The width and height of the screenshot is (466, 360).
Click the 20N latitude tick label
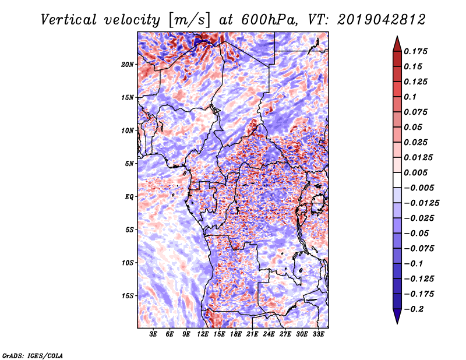128,64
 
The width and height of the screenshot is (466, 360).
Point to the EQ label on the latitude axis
129,197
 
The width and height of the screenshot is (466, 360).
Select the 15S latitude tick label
128,296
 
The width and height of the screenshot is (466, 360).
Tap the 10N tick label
128,130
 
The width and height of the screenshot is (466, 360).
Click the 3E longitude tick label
153,335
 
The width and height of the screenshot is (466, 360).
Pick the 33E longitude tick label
319,335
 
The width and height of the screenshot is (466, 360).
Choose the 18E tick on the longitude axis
236,335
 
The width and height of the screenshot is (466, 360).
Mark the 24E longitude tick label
269,335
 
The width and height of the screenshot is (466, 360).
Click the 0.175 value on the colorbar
417,51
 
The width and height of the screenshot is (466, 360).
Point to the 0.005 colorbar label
417,173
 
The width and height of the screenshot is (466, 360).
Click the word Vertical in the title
69,19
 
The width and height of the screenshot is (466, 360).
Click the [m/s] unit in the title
188,19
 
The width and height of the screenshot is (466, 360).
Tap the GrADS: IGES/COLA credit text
32,355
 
